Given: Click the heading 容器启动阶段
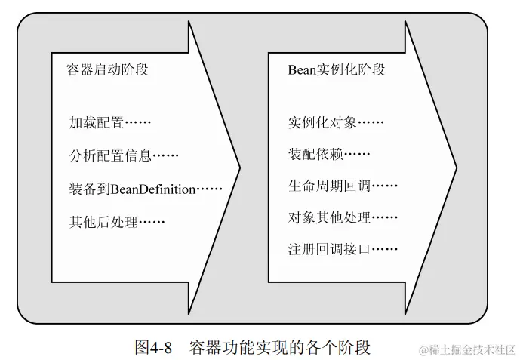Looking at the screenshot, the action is point(107,70).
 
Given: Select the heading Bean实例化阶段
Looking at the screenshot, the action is point(336,70).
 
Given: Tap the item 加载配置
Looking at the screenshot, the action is point(96,123).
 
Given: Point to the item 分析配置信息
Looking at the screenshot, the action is point(110,156).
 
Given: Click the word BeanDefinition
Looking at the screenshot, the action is point(153,189).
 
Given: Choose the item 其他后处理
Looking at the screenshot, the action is point(103,222).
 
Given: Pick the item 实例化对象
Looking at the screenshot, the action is point(322,122).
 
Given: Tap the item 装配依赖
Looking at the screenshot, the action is point(315,155).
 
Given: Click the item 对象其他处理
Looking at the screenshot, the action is point(330,217).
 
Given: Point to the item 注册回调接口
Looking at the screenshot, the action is point(330,248).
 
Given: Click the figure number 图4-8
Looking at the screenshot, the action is point(154,347).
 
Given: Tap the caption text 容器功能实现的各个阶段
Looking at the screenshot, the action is point(279,347).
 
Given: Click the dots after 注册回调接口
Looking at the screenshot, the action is point(385,248).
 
